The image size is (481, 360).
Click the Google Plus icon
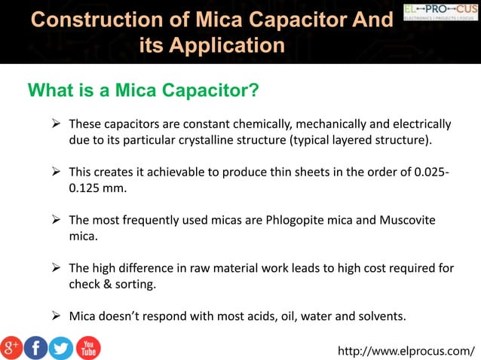(x=12, y=347)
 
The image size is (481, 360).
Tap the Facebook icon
(x=35, y=347)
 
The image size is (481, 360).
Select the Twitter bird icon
(x=61, y=347)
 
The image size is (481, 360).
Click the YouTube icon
(x=87, y=347)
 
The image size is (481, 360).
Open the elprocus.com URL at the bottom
(x=407, y=349)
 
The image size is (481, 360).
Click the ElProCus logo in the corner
(x=441, y=12)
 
